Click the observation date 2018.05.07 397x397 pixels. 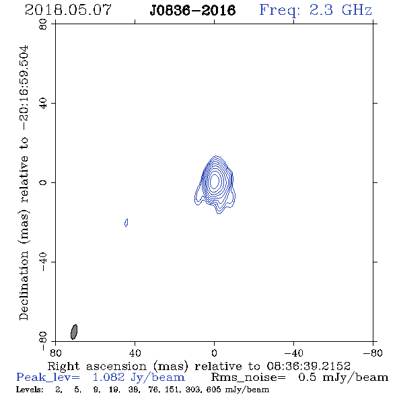(x=68, y=10)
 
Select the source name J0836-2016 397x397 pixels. (x=192, y=11)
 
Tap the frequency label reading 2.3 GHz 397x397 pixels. (x=340, y=10)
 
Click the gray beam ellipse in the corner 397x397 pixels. (x=74, y=332)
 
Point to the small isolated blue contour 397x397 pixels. (x=127, y=223)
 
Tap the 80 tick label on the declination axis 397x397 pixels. (x=43, y=24)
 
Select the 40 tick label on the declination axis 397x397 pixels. (x=43, y=104)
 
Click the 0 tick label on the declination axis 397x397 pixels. (x=43, y=182)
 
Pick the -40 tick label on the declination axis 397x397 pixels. (x=43, y=262)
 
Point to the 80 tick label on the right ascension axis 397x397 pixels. (x=55, y=353)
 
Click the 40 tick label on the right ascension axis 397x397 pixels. (x=135, y=353)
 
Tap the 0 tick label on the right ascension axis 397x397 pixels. (x=214, y=353)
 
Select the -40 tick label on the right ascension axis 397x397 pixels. (x=293, y=353)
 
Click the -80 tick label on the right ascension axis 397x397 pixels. (x=373, y=353)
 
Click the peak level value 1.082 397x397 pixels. (x=108, y=377)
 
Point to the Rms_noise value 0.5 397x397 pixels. (x=307, y=377)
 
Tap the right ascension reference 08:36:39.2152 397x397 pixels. (x=308, y=366)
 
